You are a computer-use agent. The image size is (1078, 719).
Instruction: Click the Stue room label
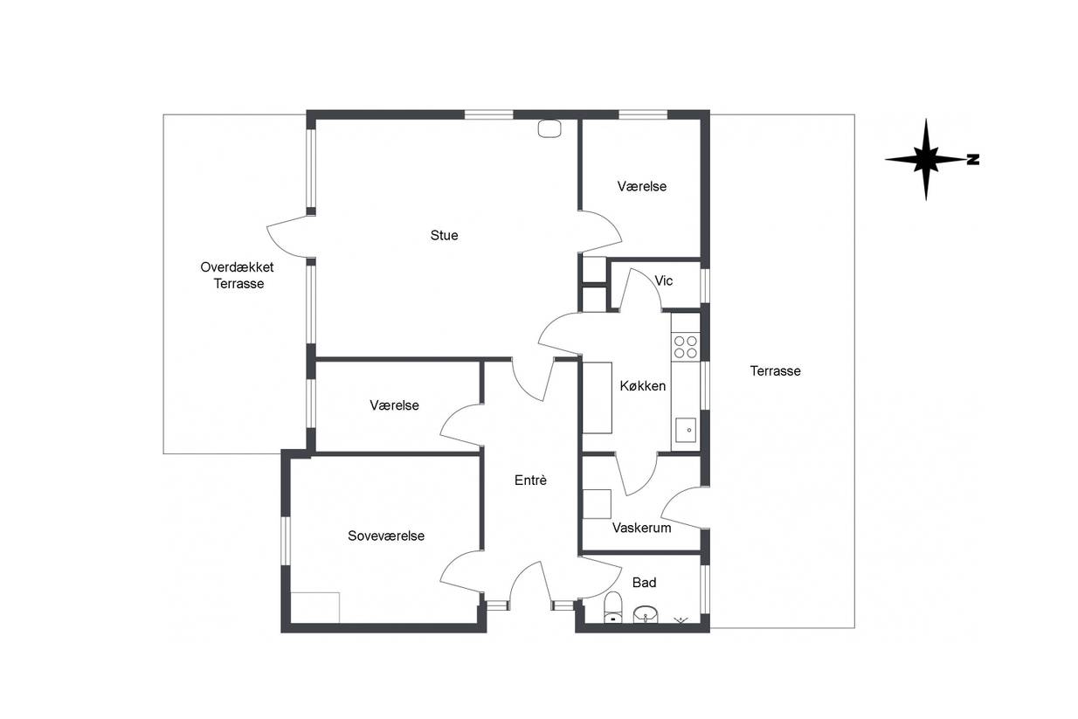(444, 235)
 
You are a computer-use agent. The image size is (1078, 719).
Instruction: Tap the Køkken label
(642, 385)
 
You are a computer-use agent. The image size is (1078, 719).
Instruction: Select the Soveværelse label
(386, 536)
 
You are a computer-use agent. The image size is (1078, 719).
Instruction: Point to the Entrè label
(530, 480)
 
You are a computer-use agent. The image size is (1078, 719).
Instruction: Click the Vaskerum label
(641, 528)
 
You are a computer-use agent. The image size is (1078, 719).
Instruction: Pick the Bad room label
(644, 583)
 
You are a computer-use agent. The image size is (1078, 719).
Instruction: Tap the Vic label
(664, 280)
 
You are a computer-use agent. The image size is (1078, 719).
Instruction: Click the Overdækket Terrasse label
(238, 275)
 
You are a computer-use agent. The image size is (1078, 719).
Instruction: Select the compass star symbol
(925, 159)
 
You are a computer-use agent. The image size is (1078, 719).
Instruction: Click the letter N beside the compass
(973, 159)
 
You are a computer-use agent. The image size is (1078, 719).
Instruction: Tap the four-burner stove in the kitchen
(685, 347)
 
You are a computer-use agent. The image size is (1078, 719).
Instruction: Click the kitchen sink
(685, 430)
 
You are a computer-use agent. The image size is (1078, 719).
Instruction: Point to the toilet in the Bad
(612, 608)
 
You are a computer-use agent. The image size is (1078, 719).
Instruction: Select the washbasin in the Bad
(646, 614)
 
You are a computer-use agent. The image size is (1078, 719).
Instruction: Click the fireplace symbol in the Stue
(549, 128)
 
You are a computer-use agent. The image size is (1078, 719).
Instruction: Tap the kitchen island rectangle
(598, 398)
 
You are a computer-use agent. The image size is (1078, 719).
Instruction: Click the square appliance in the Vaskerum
(597, 504)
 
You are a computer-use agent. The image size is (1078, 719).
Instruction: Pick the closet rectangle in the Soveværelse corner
(315, 608)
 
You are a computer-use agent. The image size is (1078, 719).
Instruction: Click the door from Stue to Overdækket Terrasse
(291, 236)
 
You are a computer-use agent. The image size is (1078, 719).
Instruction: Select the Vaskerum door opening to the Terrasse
(684, 508)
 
